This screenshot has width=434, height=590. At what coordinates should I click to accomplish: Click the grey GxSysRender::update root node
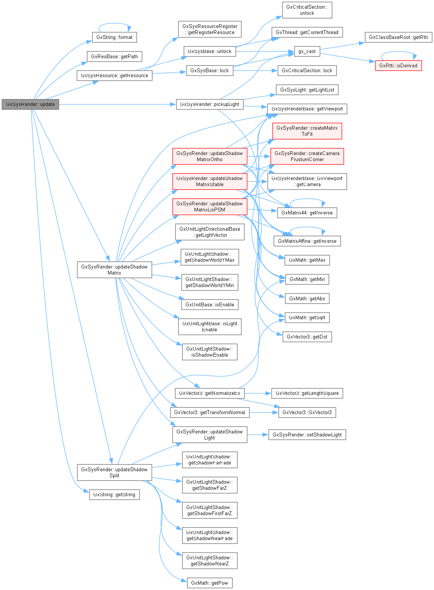tap(30, 104)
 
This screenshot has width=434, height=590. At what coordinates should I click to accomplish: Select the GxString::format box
tap(114, 37)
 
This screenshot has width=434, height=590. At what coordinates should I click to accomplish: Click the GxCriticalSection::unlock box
tap(307, 10)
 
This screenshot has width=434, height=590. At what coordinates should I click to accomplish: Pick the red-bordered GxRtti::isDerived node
tap(398, 66)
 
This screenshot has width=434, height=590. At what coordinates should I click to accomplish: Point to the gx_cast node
tap(307, 51)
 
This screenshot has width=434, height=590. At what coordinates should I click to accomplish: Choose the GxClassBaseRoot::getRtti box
tap(398, 37)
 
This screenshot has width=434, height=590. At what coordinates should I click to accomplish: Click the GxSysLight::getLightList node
tap(307, 90)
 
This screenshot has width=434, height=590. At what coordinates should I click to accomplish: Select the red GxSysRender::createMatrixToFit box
tap(307, 131)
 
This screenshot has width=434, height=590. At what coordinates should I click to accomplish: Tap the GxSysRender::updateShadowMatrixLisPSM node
tap(210, 207)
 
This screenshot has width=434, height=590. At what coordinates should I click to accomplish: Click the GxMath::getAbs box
tap(307, 299)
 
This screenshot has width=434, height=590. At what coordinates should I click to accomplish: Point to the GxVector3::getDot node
tap(307, 337)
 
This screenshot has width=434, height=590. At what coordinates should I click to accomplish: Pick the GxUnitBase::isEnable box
tap(210, 305)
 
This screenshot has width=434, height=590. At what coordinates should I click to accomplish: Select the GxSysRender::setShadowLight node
tap(307, 435)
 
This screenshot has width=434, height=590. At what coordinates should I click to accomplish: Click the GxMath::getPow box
tap(210, 583)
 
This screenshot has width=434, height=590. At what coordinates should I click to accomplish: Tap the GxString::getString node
tap(114, 495)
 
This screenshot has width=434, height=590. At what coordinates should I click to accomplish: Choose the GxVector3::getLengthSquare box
tap(307, 393)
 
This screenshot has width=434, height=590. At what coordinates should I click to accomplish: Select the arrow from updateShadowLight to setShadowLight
tap(258, 435)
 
